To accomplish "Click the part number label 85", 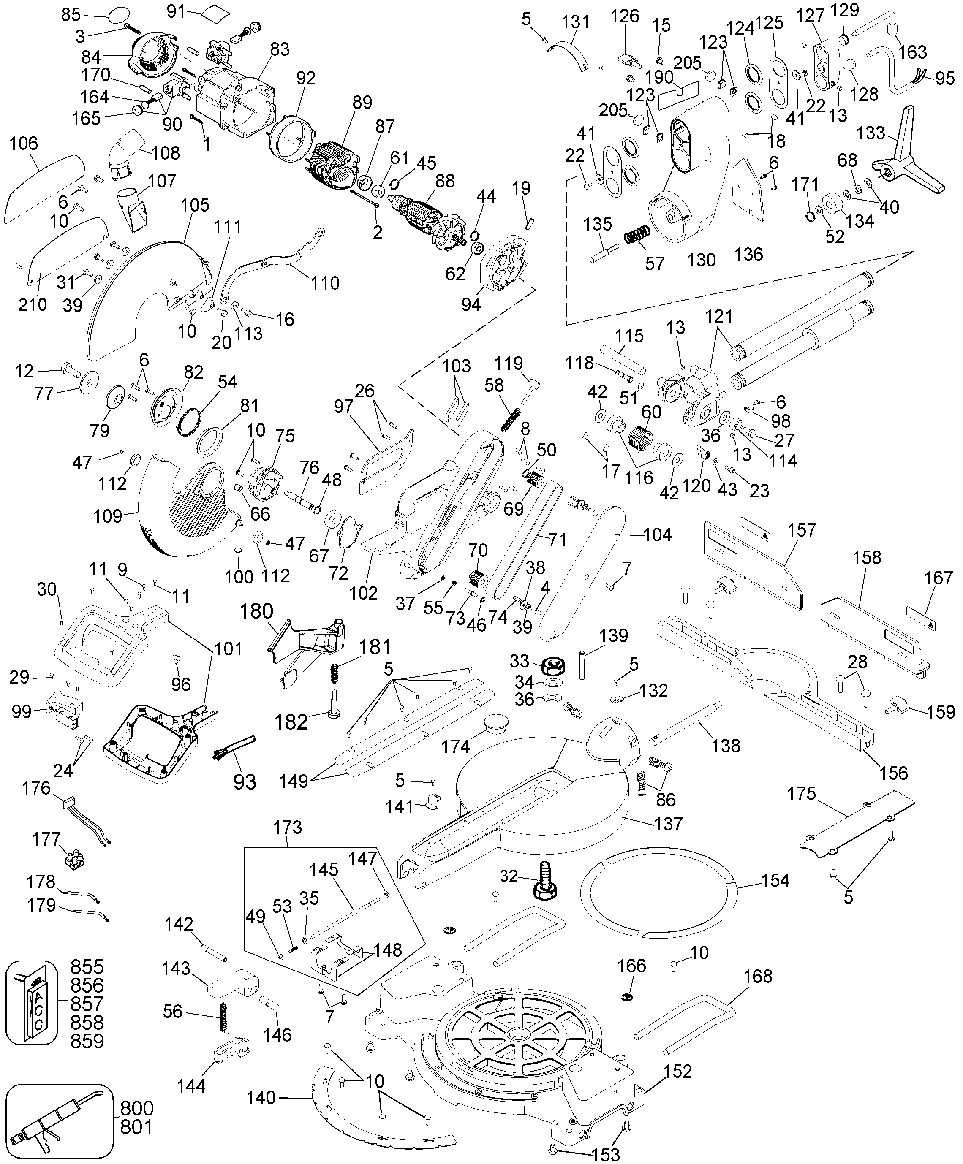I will click(71, 14).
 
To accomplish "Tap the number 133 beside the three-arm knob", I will click(871, 133).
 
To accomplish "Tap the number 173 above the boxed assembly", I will click(288, 828).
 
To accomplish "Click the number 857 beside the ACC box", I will click(87, 1004).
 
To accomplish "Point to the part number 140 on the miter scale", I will click(261, 1097).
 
